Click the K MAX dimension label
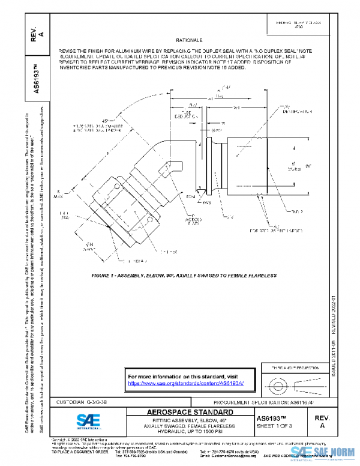(x=74, y=193)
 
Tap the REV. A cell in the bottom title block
(x=323, y=421)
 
